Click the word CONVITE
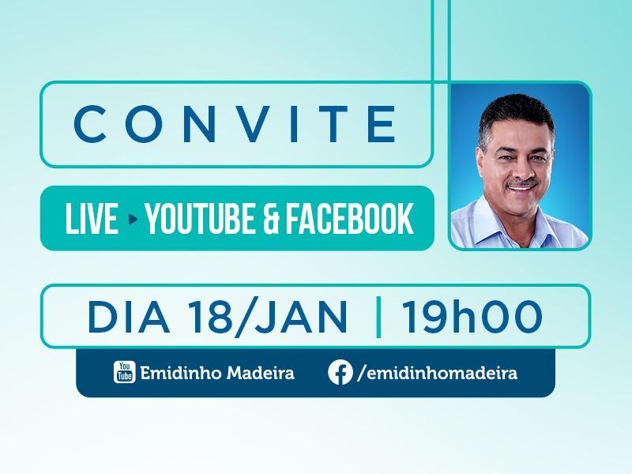point(235,124)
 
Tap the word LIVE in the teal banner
point(92,219)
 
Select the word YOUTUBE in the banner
point(200,219)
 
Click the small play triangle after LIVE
point(133,220)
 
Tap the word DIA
point(129,317)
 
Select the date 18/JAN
point(268,317)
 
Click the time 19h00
point(472,317)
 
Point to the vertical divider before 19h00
point(378,317)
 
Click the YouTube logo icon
point(124,372)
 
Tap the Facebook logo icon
point(340,372)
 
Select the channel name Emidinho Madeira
point(217,373)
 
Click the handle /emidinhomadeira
point(438,373)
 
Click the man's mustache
point(522,183)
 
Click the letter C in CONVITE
point(91,124)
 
